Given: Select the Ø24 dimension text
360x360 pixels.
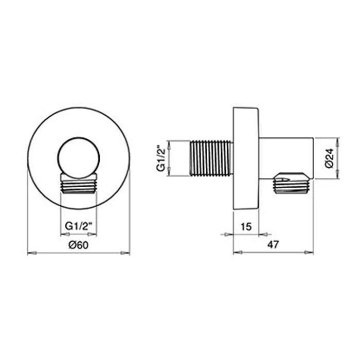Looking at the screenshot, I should (330, 158).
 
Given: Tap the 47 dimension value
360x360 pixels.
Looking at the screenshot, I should (273, 245).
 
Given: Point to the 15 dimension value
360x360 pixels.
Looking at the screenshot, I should (246, 226).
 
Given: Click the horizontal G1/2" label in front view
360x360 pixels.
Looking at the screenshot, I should (79, 225).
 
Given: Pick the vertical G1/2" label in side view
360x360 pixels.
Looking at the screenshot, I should (162, 159).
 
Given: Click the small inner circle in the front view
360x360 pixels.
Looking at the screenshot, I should (78, 158).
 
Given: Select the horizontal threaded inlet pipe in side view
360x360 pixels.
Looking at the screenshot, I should (211, 158).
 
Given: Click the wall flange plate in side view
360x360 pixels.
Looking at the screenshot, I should (246, 158).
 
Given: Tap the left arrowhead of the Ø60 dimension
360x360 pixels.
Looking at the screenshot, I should (30, 253).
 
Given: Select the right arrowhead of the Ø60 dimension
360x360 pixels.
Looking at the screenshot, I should (127, 253).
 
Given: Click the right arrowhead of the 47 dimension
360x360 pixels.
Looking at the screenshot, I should (310, 253).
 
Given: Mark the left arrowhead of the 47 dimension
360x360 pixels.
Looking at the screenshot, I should (237, 253).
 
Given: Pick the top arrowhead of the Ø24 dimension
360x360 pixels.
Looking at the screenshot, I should (337, 140).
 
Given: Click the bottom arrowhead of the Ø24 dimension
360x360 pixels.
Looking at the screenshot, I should (337, 176).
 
